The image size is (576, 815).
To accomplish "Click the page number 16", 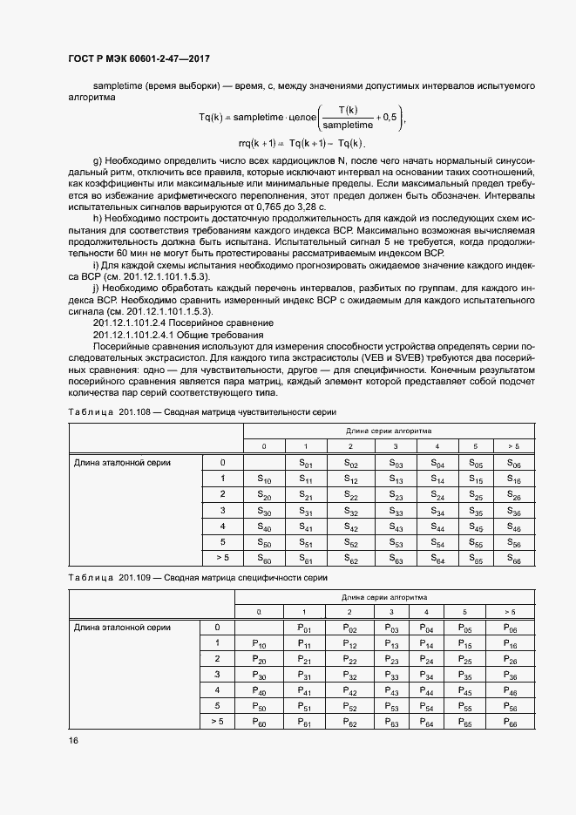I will pyautogui.click(x=73, y=741).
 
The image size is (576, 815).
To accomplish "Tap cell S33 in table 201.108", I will pyautogui.click(x=396, y=513).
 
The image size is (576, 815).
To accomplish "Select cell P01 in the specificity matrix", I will pyautogui.click(x=303, y=628).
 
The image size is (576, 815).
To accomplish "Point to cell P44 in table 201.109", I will pyautogui.click(x=425, y=691).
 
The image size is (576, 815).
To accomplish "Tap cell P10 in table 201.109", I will pyautogui.click(x=259, y=644).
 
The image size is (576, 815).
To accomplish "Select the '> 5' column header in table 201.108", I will pyautogui.click(x=513, y=446).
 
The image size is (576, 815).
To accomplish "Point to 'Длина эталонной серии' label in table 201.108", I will pyautogui.click(x=121, y=463).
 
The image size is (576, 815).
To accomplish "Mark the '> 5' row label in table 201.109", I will pyautogui.click(x=217, y=722).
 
